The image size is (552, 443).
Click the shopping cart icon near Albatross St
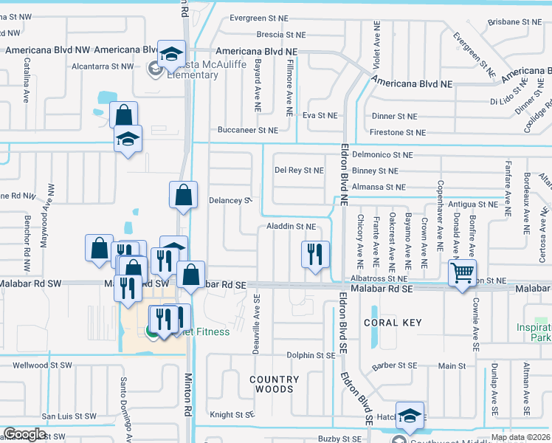(x=462, y=272)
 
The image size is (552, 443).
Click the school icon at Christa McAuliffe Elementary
(x=171, y=54)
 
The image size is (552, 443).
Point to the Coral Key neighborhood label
(x=393, y=323)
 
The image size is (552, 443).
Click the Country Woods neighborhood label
(x=275, y=384)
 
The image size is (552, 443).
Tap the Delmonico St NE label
(x=382, y=155)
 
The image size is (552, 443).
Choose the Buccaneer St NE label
(x=248, y=130)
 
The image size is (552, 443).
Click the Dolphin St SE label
(x=311, y=355)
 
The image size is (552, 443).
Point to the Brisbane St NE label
(x=514, y=23)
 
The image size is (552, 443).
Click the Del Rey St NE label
(x=299, y=171)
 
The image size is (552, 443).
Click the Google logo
(x=24, y=434)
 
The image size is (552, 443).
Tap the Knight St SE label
(x=232, y=415)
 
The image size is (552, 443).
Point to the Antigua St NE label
(x=472, y=205)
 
